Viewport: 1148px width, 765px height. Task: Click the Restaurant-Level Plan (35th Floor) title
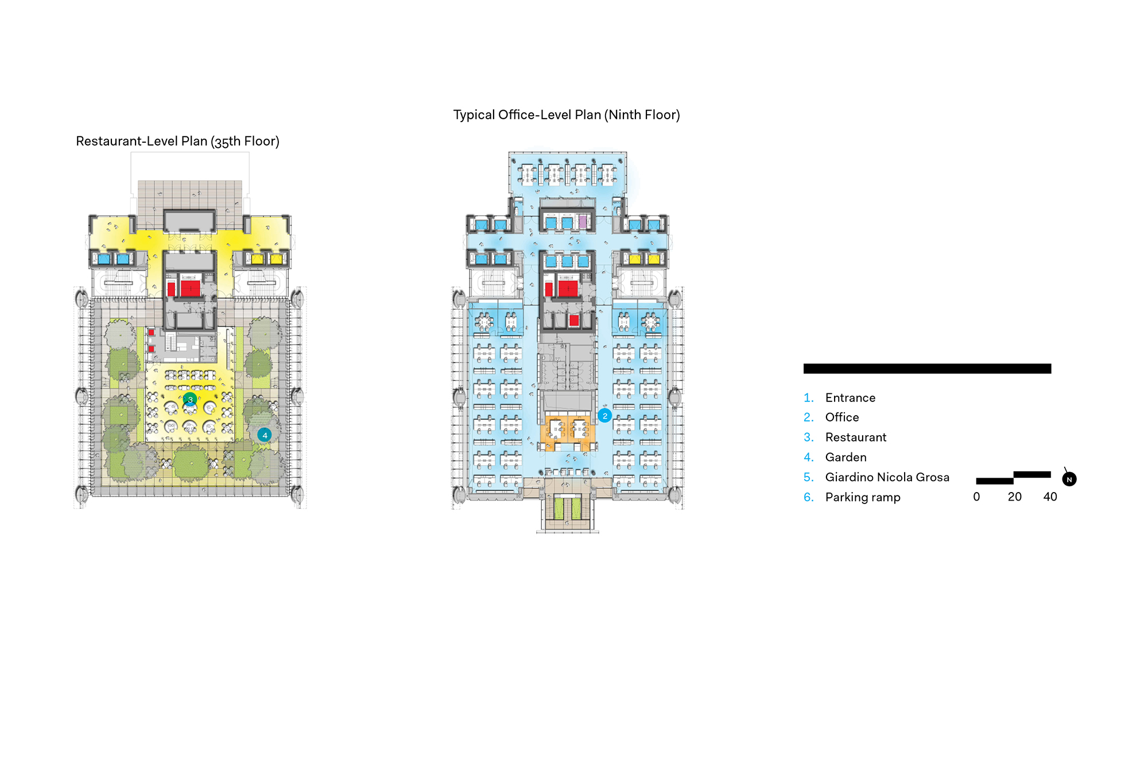(x=177, y=141)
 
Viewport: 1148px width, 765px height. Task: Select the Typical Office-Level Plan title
(x=566, y=115)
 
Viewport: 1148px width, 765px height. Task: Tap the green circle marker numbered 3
(x=190, y=399)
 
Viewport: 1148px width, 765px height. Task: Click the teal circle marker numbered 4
(x=265, y=435)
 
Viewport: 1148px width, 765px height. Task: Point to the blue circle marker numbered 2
(x=604, y=416)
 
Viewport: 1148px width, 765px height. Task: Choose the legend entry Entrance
(x=850, y=398)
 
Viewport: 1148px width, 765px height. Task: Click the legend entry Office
(x=842, y=417)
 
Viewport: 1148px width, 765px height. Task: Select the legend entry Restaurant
(x=855, y=438)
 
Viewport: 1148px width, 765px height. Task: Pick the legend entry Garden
(x=846, y=458)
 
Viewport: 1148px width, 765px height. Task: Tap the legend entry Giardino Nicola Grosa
(x=887, y=477)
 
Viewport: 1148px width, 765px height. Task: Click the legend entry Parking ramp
(x=862, y=497)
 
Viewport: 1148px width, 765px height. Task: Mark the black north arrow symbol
(x=1069, y=479)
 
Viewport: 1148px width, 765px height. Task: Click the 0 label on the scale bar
(x=976, y=497)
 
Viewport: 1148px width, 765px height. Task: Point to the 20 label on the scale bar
(x=1014, y=497)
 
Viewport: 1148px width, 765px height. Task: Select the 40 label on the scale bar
(x=1050, y=497)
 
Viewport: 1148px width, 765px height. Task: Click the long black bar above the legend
(x=927, y=369)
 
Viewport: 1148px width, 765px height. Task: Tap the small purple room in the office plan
(x=583, y=222)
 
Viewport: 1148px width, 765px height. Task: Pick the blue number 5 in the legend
(x=808, y=477)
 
